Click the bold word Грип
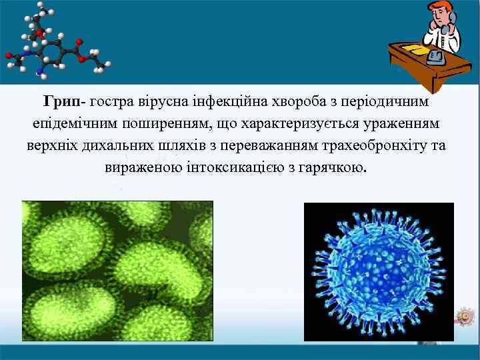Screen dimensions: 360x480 coord(61,103)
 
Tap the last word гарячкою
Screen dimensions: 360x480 coord(337,166)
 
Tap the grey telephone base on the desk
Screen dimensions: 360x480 coord(437,57)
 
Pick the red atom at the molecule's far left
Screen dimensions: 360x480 coord(9,56)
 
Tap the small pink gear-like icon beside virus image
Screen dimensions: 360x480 coord(462,315)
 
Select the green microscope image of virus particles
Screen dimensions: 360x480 coord(117,271)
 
